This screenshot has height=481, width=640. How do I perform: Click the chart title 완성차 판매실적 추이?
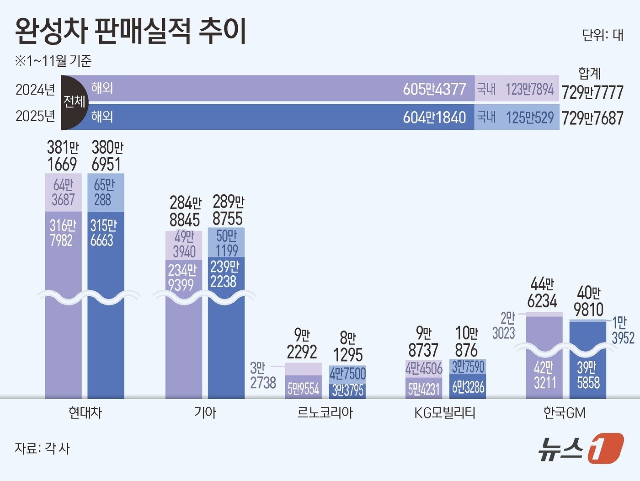pyautogui.click(x=131, y=31)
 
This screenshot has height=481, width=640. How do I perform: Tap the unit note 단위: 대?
pyautogui.click(x=603, y=35)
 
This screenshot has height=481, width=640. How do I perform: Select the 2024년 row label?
pyautogui.click(x=35, y=90)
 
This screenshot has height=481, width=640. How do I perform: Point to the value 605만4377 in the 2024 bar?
pyautogui.click(x=434, y=89)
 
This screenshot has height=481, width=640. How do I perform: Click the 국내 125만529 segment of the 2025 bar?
pyautogui.click(x=517, y=118)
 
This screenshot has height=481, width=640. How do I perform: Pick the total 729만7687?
pyautogui.click(x=592, y=118)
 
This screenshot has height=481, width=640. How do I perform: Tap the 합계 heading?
pyautogui.click(x=589, y=74)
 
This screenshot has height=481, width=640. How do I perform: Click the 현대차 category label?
pyautogui.click(x=85, y=413)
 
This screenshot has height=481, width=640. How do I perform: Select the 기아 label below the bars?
pyautogui.click(x=205, y=413)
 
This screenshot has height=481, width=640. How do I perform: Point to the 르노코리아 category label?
pyautogui.click(x=325, y=413)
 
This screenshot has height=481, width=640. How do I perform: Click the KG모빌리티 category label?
pyautogui.click(x=445, y=413)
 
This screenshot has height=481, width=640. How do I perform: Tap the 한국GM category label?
pyautogui.click(x=565, y=413)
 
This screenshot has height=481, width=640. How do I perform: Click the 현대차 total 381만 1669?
pyautogui.click(x=63, y=156)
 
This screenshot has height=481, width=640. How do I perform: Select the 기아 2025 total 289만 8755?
pyautogui.click(x=228, y=210)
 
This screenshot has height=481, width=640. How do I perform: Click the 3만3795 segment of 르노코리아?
pyautogui.click(x=347, y=390)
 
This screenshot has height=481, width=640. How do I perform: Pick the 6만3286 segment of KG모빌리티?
pyautogui.click(x=468, y=387)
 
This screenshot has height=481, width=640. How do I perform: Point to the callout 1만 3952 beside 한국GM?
pyautogui.click(x=623, y=331)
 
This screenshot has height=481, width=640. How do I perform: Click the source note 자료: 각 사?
pyautogui.click(x=43, y=448)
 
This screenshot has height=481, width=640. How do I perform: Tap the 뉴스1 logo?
pyautogui.click(x=581, y=448)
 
